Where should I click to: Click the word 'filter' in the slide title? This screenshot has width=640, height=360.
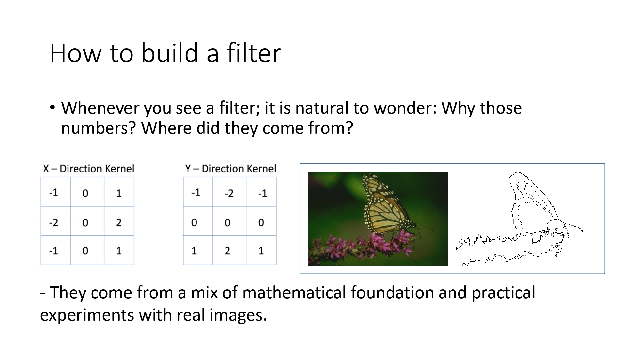(x=254, y=53)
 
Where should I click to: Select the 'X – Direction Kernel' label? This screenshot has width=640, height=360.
(x=89, y=169)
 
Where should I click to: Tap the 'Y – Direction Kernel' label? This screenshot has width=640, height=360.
(x=230, y=169)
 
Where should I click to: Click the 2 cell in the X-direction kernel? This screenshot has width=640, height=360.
(x=119, y=222)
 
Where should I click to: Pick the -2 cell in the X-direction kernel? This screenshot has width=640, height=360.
(x=54, y=222)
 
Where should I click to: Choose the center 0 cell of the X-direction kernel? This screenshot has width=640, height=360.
(x=85, y=222)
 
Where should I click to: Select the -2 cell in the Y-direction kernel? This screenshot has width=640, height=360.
(x=229, y=193)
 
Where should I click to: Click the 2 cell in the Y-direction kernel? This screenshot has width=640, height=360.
(x=228, y=251)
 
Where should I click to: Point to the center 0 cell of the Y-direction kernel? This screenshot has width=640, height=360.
(x=228, y=222)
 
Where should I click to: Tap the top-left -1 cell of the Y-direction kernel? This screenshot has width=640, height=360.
(x=196, y=193)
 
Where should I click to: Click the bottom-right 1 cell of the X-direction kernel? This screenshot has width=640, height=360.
(x=119, y=251)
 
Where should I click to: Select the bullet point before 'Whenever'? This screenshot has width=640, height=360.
(x=52, y=108)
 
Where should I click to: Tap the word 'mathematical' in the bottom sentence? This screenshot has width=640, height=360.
(x=294, y=292)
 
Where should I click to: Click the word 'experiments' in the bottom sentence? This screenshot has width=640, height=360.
(x=87, y=315)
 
